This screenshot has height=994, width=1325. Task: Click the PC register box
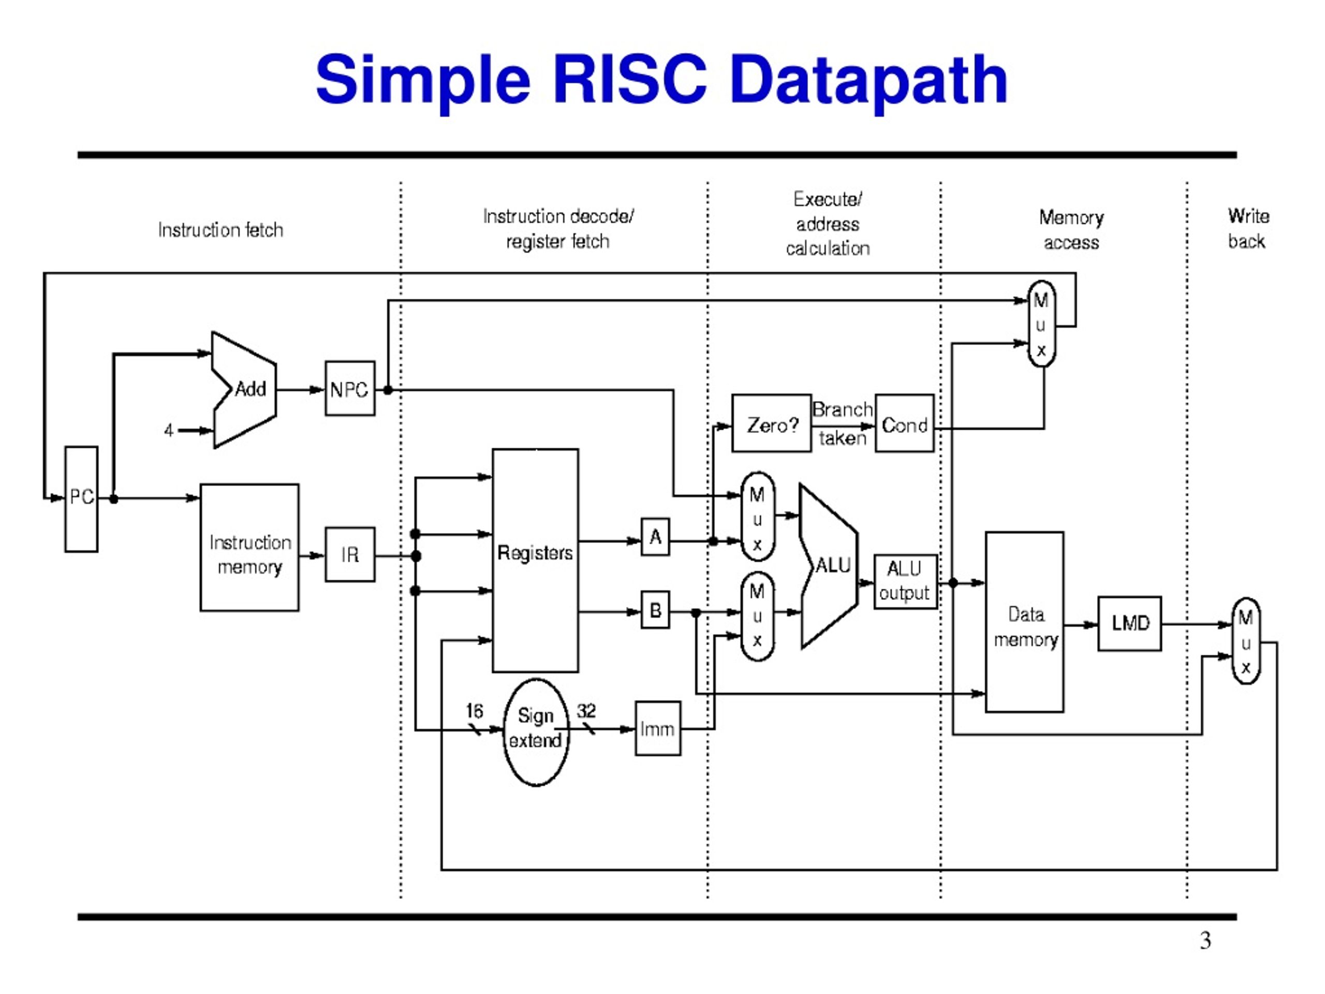81,499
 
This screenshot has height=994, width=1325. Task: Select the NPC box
350,388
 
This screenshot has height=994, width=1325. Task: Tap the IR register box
350,554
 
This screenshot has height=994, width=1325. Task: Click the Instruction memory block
250,548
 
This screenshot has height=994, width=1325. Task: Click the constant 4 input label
169,430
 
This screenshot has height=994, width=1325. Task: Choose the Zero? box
772,423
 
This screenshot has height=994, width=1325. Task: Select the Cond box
905,423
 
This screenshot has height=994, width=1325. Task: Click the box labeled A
655,537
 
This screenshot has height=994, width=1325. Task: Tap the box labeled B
655,610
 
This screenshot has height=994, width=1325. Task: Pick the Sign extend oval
536,732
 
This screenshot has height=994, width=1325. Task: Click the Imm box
658,728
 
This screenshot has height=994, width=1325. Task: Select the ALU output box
906,582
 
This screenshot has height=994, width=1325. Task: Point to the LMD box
1130,624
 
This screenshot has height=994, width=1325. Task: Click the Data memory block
1025,622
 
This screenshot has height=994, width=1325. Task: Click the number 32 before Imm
586,711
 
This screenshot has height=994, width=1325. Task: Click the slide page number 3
1205,941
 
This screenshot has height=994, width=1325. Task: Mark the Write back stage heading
1248,228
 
